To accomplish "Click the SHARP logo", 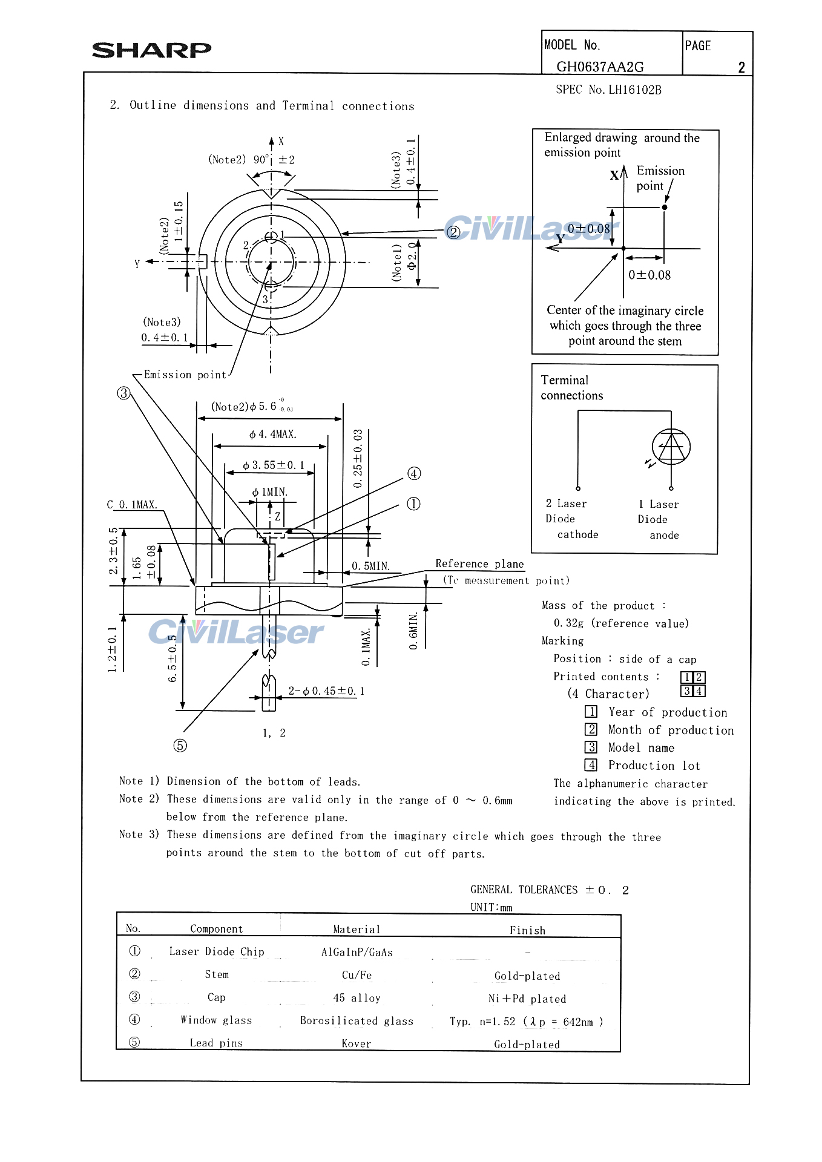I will click(151, 50).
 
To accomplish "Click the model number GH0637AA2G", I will click(600, 67).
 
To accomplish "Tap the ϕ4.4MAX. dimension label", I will click(272, 435).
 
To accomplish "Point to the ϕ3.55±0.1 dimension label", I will click(274, 465).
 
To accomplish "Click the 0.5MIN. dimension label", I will click(370, 566).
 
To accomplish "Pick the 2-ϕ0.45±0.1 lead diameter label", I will click(326, 691).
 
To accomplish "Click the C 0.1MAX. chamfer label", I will click(132, 505).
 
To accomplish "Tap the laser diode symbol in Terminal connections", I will click(671, 447).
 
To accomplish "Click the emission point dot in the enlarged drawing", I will click(665, 207).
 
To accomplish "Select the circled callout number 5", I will click(180, 746).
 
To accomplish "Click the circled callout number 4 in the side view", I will click(414, 473).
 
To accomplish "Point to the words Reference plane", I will click(479, 564).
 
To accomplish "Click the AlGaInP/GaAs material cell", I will click(357, 953).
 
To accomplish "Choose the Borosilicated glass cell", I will click(357, 1021).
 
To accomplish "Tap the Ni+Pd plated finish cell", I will click(527, 999).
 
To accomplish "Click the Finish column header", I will click(527, 930).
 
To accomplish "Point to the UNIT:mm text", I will click(491, 907).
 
